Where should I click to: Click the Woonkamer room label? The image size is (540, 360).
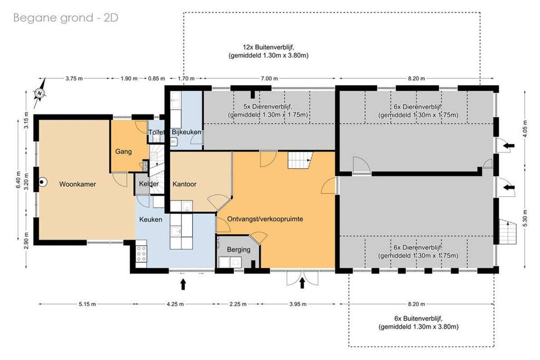click(77, 184)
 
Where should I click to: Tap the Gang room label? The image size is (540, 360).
click(123, 152)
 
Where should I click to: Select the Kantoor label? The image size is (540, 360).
click(184, 184)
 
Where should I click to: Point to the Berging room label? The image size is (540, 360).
click(238, 250)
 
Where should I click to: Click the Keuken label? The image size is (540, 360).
click(151, 220)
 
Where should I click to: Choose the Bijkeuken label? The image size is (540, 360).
click(186, 132)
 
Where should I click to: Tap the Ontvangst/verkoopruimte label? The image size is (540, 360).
click(265, 219)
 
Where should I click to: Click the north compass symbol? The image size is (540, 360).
click(40, 93)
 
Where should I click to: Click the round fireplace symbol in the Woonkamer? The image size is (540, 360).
click(42, 182)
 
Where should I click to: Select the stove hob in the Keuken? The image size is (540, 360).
click(141, 254)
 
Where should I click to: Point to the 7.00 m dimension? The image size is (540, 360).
click(269, 78)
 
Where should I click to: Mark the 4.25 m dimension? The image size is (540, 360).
click(175, 304)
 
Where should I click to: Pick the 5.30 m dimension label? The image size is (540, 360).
click(526, 218)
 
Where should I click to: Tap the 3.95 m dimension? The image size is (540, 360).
click(298, 304)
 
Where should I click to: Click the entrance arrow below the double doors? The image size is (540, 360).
click(302, 283)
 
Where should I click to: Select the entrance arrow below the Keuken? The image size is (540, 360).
click(183, 284)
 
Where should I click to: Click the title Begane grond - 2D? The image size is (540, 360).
click(66, 18)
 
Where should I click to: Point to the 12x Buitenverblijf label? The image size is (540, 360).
click(268, 47)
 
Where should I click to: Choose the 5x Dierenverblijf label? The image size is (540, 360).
click(268, 106)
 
